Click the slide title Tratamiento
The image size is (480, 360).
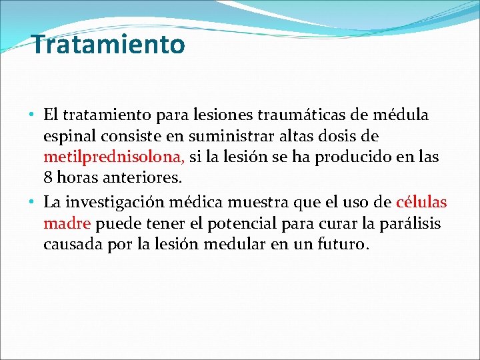tap(108, 45)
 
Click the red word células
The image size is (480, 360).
tap(421, 202)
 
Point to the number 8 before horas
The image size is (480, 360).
tap(48, 179)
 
